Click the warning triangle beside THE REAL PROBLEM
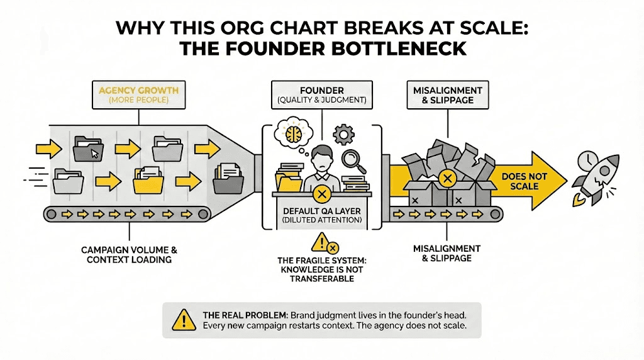tap(183, 320)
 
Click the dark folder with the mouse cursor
tap(87, 150)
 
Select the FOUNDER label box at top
tap(321, 94)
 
